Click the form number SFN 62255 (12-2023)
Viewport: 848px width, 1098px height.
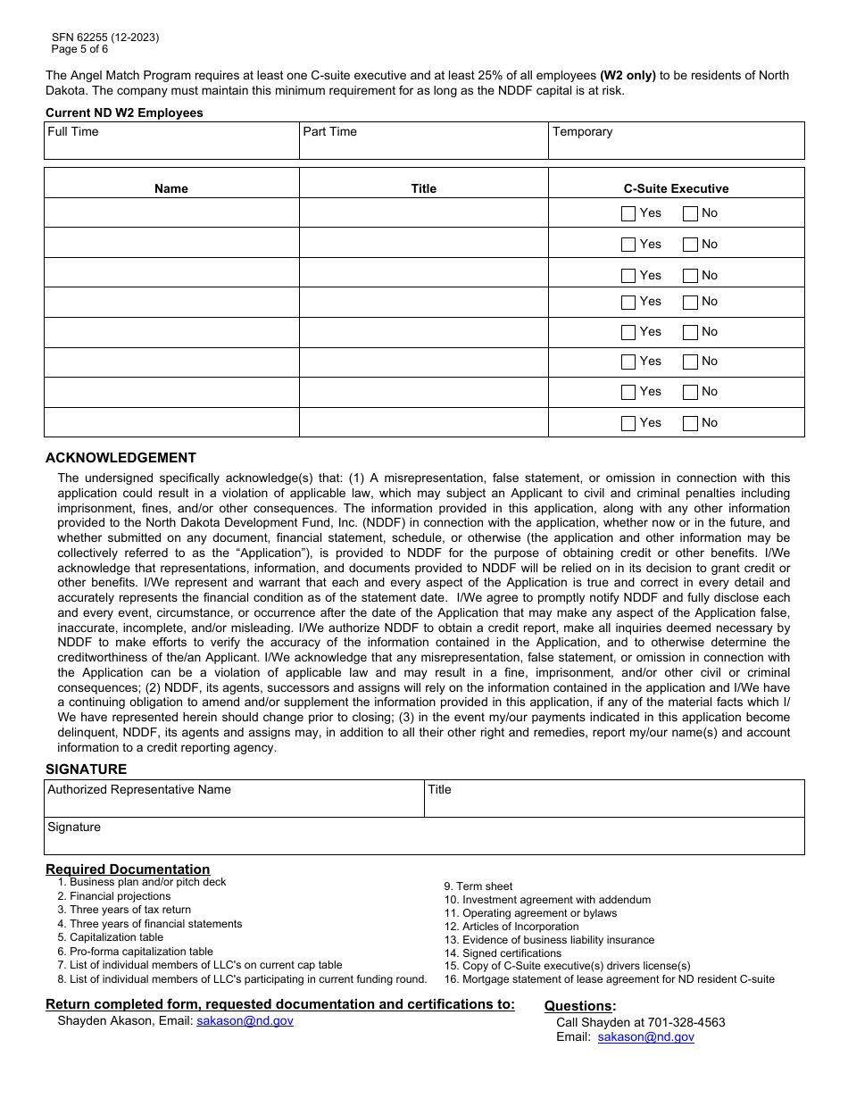pos(105,37)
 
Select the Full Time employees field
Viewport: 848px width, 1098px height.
pos(171,141)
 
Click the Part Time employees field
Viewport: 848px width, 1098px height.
pos(423,141)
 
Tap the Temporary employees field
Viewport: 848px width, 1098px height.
pos(676,141)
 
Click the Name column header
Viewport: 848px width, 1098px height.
pos(171,188)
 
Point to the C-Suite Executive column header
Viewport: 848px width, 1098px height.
pos(676,188)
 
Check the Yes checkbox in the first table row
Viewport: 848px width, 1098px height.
pos(628,213)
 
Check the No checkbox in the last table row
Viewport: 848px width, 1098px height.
pos(690,423)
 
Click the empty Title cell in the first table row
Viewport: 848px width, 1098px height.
pos(423,212)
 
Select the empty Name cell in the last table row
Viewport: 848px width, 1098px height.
pos(171,422)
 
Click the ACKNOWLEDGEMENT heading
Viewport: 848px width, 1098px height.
pos(121,458)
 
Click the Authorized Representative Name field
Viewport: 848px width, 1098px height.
pos(234,799)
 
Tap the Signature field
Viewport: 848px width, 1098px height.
pos(424,836)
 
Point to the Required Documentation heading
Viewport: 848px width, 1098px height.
pos(128,869)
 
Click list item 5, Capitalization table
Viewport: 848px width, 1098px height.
pos(116,937)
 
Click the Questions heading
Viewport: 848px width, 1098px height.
pos(580,1006)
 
